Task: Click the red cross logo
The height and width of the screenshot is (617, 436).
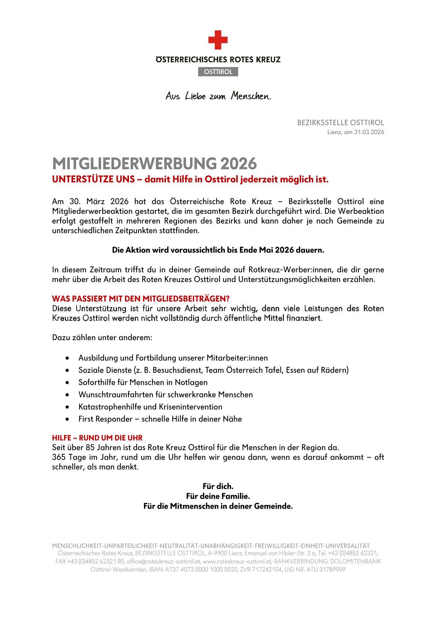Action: [x=218, y=40]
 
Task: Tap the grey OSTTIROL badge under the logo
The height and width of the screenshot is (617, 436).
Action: [x=218, y=72]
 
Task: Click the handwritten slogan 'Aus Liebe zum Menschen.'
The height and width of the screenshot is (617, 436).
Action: [x=218, y=96]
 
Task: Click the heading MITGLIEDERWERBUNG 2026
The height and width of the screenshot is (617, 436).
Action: [x=154, y=164]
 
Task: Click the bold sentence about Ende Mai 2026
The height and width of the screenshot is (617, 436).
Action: [x=218, y=250]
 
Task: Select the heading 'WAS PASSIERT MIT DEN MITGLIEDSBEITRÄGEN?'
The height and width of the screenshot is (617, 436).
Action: [x=141, y=298]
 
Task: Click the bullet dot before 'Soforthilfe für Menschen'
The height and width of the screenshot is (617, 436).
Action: [x=67, y=382]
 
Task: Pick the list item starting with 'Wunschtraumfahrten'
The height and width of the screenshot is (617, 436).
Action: [x=166, y=394]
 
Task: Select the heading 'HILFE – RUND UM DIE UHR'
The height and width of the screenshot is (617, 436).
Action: [x=97, y=438]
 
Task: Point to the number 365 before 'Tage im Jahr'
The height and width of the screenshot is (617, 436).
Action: [x=59, y=457]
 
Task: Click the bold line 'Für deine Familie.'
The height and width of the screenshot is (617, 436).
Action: [x=218, y=496]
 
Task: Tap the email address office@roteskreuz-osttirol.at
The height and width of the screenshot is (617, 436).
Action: [x=163, y=561]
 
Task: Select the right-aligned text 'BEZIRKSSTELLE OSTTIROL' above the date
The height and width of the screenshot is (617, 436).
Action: [x=340, y=122]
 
